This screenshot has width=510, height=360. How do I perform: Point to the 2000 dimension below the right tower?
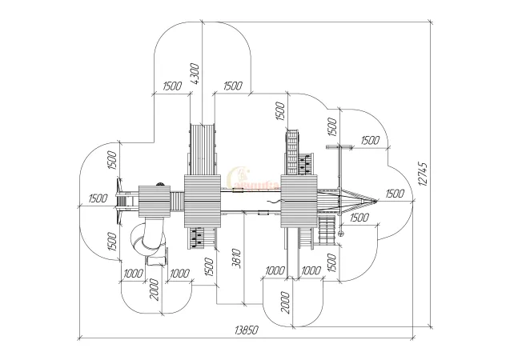click(x=285, y=302)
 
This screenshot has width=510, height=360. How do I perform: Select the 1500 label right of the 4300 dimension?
click(x=233, y=86)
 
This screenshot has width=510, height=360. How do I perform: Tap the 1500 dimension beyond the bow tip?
click(x=394, y=193)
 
